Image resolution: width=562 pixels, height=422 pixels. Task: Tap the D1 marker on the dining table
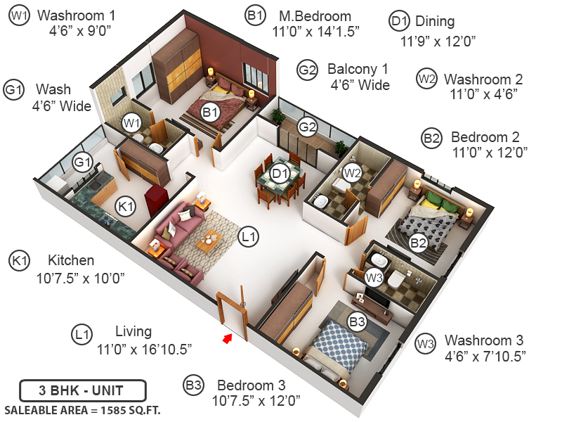[280, 173]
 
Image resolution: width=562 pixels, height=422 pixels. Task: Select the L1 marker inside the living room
[247, 237]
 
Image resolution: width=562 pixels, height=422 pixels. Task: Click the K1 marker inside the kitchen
[125, 207]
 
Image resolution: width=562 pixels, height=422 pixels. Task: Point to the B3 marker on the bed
[357, 322]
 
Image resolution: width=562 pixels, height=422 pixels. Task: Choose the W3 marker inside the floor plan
[374, 278]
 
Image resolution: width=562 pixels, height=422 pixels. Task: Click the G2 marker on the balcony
[307, 127]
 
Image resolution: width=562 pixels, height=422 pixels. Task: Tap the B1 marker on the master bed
[211, 111]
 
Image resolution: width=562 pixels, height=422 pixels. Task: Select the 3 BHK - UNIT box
[82, 390]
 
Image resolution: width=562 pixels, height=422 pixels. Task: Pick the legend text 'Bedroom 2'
[485, 136]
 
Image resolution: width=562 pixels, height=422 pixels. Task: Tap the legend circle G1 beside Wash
[14, 90]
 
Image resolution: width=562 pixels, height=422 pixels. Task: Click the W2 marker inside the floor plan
[351, 171]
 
